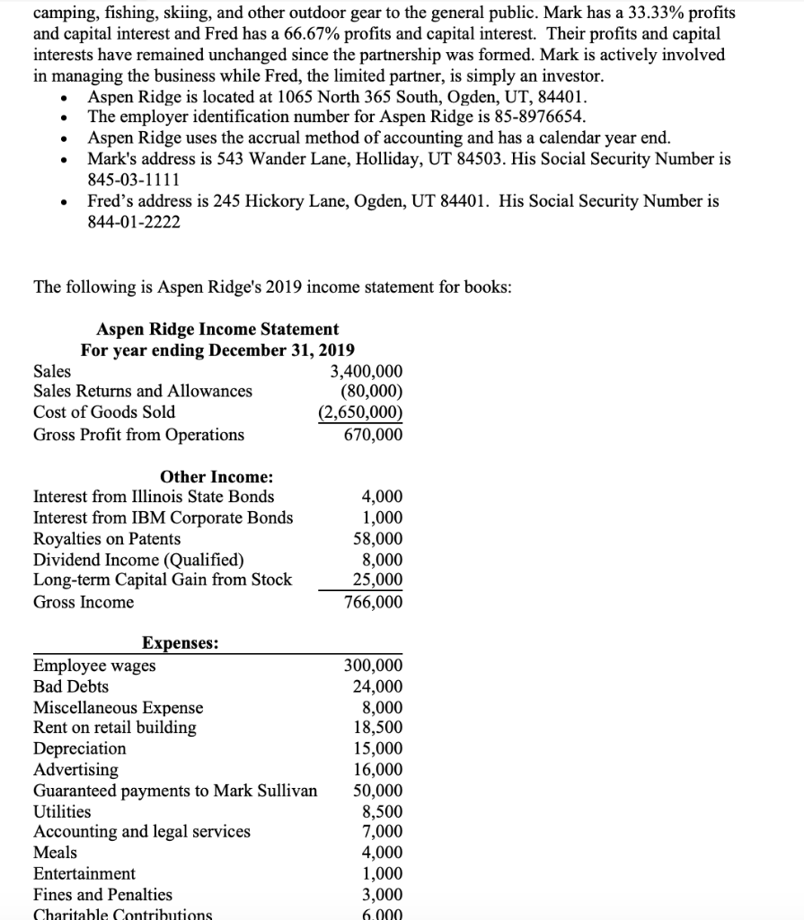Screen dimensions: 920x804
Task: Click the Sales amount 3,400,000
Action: [x=367, y=371]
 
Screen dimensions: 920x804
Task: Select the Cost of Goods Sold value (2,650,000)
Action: [x=361, y=412]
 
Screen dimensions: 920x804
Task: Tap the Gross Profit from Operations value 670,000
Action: [x=374, y=435]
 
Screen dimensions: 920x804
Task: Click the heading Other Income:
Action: [x=216, y=477]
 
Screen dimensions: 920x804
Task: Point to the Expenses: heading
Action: [x=180, y=643]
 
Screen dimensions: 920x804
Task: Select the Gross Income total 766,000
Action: [x=374, y=602]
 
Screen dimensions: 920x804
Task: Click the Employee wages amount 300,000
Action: [x=374, y=666]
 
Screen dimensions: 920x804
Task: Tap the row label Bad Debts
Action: [x=71, y=686]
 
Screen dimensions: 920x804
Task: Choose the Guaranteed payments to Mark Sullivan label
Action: [x=175, y=791]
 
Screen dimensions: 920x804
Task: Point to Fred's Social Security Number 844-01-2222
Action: [x=133, y=221]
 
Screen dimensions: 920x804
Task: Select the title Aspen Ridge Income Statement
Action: [x=217, y=330]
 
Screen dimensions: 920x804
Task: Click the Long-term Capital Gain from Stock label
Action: [x=163, y=580]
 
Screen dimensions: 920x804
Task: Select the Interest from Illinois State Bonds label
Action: [x=154, y=497]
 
